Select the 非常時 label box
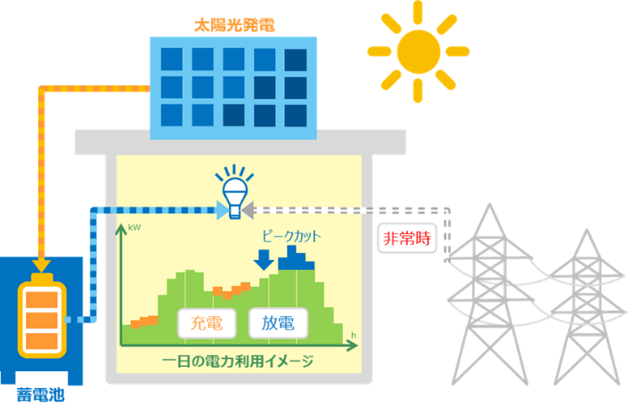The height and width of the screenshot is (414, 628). pyautogui.click(x=408, y=239)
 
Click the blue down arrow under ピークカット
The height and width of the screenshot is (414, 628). pyautogui.click(x=264, y=261)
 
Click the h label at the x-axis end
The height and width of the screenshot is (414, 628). pyautogui.click(x=354, y=335)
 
